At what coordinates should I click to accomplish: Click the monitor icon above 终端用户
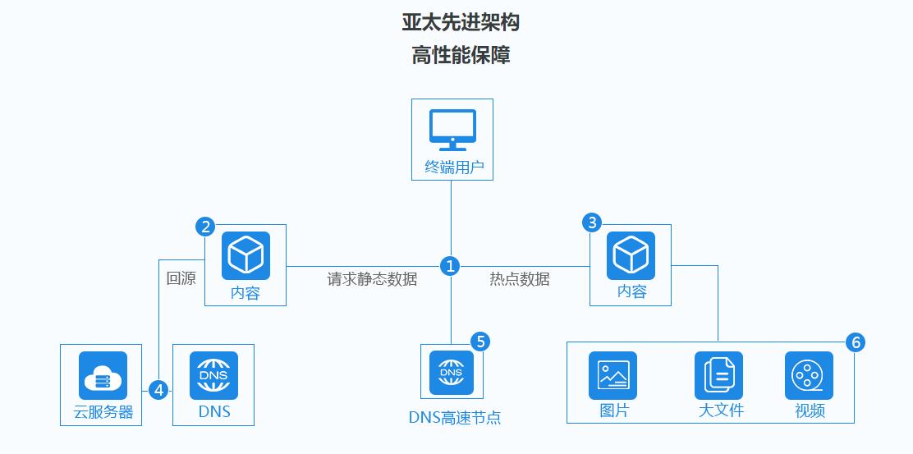[x=452, y=130]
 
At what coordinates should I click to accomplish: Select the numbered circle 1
[x=450, y=266]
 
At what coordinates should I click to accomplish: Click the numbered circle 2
[x=205, y=226]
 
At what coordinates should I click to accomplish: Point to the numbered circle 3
[x=591, y=222]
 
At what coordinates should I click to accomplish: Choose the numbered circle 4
[x=158, y=389]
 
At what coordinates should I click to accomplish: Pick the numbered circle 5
[x=480, y=342]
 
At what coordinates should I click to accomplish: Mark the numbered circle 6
[x=856, y=342]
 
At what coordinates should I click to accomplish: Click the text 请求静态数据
[x=372, y=279]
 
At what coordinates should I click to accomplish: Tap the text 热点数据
[x=520, y=279]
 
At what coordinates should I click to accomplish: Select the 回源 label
[x=181, y=278]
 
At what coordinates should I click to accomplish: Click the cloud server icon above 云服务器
[x=103, y=375]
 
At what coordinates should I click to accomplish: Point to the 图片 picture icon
[x=613, y=375]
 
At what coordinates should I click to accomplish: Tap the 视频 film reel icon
[x=809, y=375]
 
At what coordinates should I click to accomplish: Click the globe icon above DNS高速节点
[x=452, y=373]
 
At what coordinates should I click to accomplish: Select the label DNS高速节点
[x=455, y=417]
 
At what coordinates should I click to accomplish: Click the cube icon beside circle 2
[x=245, y=255]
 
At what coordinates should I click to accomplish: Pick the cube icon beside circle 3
[x=631, y=255]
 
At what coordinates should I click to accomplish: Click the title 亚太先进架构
[x=461, y=22]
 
